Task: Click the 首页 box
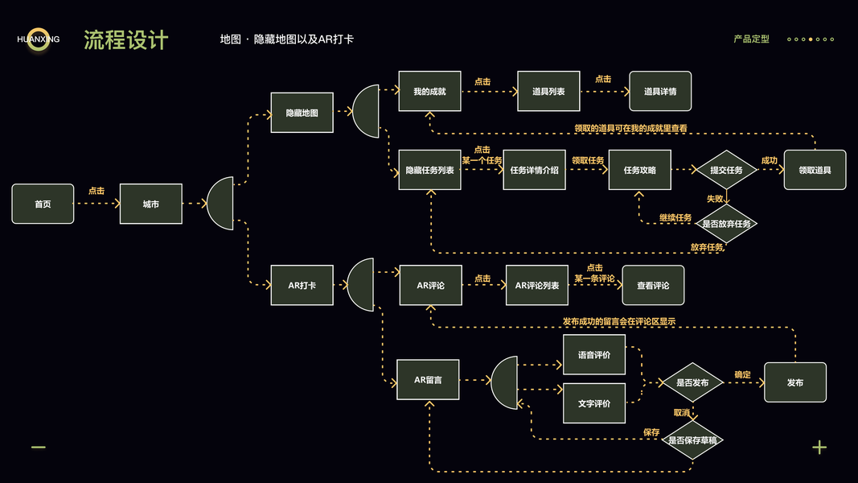43,204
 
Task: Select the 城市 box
150,204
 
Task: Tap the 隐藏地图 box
302,113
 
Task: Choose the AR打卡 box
302,285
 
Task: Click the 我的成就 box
429,92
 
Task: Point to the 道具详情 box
660,92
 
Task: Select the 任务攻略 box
639,170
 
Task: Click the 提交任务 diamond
726,170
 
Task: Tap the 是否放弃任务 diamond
726,223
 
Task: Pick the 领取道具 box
815,170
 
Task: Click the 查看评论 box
653,285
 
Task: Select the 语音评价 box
593,355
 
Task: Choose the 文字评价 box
593,403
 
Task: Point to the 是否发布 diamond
692,382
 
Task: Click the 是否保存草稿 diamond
692,440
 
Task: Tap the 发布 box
794,382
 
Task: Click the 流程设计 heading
126,40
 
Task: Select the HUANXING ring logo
38,39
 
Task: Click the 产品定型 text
751,39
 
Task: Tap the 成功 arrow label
769,160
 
